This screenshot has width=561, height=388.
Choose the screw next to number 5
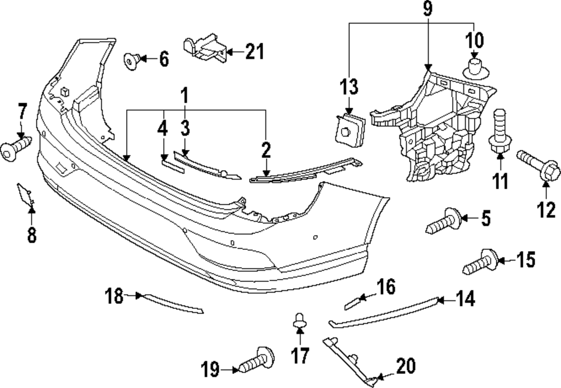tap(444, 222)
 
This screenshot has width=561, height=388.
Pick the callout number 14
tap(465, 300)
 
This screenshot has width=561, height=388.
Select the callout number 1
tap(183, 95)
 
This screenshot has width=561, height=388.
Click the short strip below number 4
tap(168, 163)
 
